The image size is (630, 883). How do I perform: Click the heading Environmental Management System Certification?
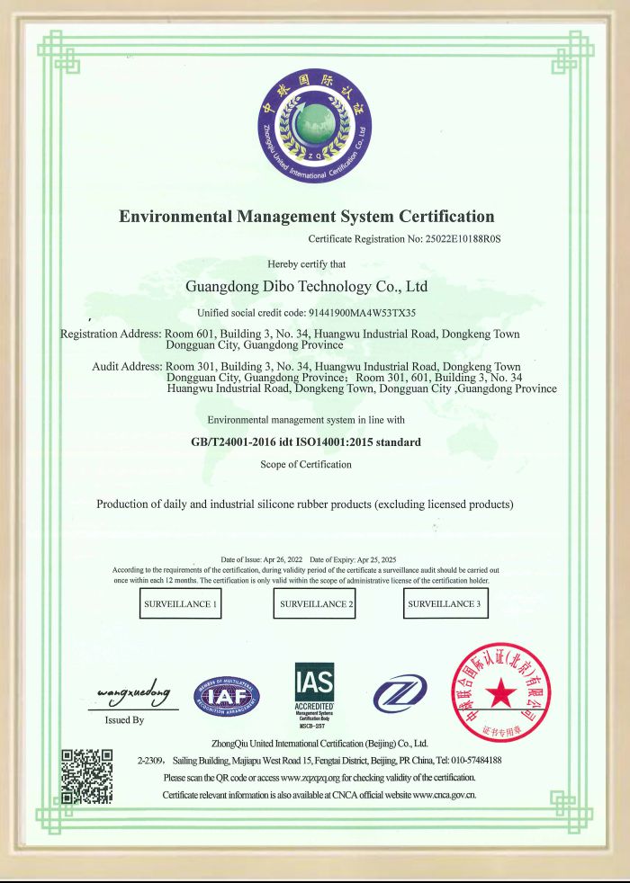coord(307,217)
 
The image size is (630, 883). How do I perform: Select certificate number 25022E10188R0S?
coord(456,240)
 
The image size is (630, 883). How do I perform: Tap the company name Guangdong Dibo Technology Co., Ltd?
coord(306,288)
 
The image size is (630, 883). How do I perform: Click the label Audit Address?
coord(127,367)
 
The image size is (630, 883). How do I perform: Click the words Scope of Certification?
coord(306,464)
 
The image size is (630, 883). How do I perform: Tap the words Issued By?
coord(124,720)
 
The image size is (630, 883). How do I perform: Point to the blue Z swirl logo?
coord(398,696)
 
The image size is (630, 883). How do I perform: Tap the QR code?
coord(85,776)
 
